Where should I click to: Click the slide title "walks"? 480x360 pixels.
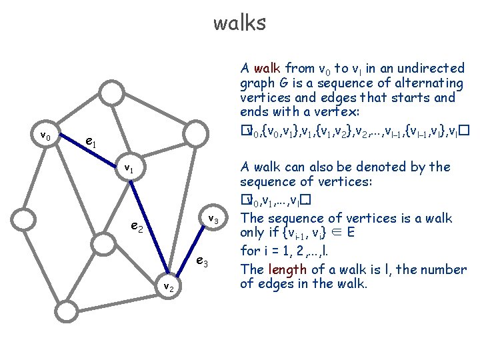pos(239,23)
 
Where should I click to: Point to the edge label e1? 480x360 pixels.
pos(92,142)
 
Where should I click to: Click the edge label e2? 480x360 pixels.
pos(138,229)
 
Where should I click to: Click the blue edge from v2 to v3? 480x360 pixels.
pos(190,253)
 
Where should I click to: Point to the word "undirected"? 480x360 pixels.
pos(432,68)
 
